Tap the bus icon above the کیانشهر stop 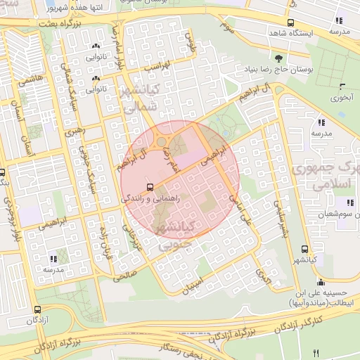pos(304,249)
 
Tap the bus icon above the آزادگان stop pos(38,309)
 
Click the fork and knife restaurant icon pos(316,352)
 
